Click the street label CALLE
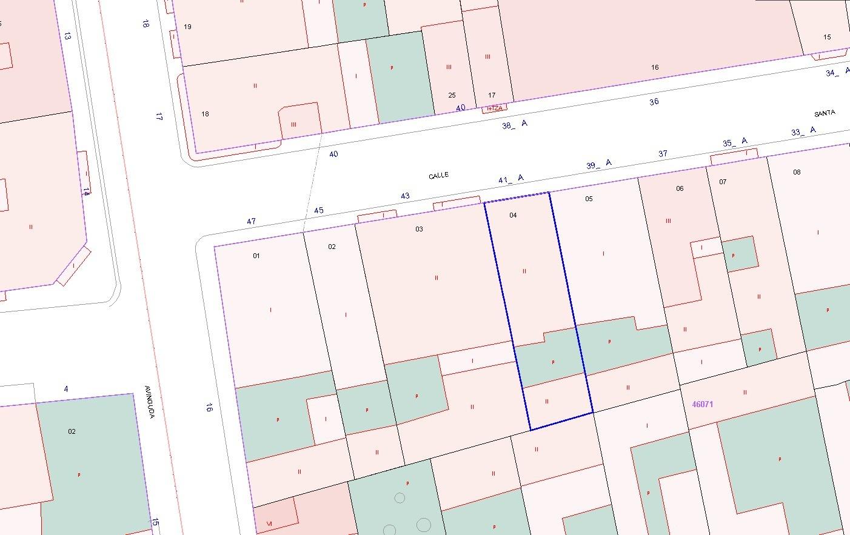click(438, 175)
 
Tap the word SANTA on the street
click(825, 113)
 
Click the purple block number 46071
click(702, 404)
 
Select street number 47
click(252, 221)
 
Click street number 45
click(319, 210)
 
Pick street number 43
click(405, 196)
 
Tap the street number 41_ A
click(510, 179)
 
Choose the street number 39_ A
click(598, 164)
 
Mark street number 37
click(663, 153)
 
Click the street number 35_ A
click(735, 142)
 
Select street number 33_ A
click(803, 131)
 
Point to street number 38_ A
click(515, 125)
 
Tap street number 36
click(654, 102)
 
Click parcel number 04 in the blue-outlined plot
click(513, 215)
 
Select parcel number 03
click(419, 229)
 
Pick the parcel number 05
click(589, 199)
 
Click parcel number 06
click(680, 188)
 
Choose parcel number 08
click(797, 172)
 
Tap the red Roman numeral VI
click(269, 523)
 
